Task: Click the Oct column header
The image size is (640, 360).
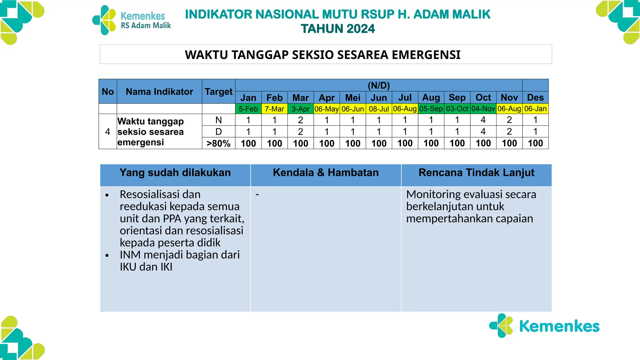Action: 483,97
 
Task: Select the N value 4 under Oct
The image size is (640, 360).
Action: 483,120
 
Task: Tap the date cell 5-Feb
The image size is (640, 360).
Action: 248,109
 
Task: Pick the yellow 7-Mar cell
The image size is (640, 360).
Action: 274,109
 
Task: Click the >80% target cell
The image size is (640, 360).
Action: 218,143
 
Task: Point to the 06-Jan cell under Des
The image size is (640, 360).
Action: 535,109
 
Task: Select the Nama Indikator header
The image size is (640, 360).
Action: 159,92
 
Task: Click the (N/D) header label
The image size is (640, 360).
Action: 379,85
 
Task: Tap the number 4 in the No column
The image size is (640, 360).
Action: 108,132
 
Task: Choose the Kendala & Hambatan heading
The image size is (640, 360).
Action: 326,172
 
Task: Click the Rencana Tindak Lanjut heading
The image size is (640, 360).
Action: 476,172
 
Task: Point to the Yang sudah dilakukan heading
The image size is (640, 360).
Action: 175,172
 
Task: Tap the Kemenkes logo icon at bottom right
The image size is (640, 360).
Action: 501,326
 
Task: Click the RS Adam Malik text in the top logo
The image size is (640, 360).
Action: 146,26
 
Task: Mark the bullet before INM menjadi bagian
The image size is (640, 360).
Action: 107,255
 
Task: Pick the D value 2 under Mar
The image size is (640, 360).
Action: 301,132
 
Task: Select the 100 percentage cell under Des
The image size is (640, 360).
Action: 535,143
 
